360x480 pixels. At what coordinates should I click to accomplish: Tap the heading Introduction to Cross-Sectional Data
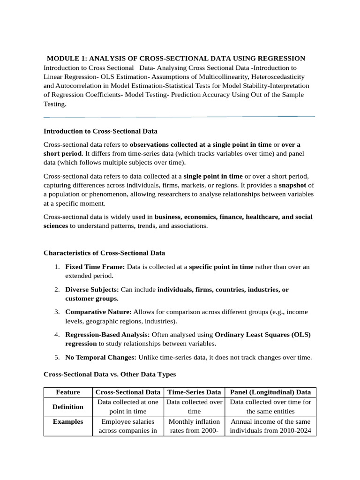click(x=100, y=131)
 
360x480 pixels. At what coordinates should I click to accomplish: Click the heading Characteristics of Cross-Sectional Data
click(x=104, y=253)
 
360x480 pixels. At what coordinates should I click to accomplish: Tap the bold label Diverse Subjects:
click(x=92, y=290)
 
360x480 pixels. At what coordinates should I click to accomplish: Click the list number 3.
click(x=56, y=312)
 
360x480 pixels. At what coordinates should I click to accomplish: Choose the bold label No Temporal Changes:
click(x=101, y=357)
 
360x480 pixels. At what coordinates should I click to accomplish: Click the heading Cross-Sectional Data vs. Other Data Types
click(x=110, y=375)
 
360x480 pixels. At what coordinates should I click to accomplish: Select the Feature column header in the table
click(x=68, y=392)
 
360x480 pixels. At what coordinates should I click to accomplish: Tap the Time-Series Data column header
click(x=194, y=392)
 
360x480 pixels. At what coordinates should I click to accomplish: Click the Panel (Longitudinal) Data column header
click(x=270, y=392)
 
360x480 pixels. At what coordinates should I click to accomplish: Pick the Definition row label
click(x=68, y=406)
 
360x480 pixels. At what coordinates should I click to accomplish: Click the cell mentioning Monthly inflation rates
click(x=194, y=426)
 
